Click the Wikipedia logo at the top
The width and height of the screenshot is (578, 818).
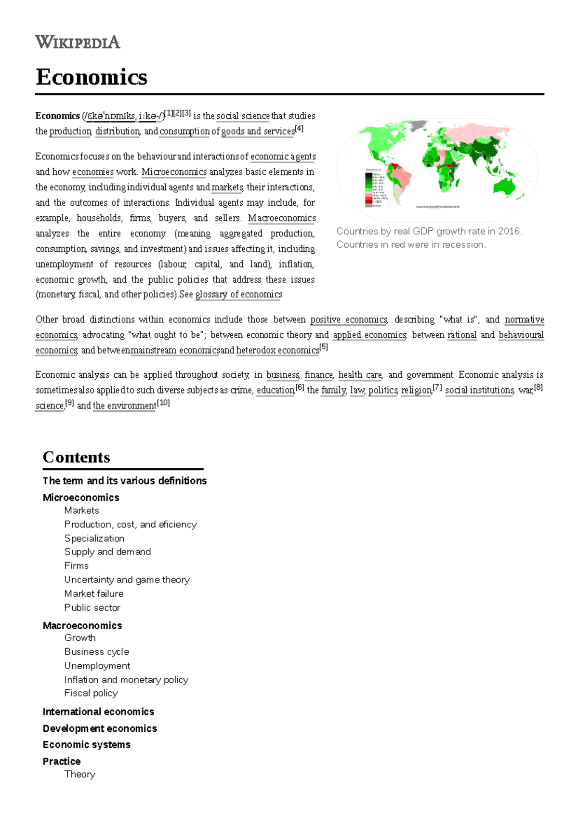pyautogui.click(x=78, y=42)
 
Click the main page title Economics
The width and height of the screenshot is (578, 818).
pyautogui.click(x=92, y=77)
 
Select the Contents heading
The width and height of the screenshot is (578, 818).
pyautogui.click(x=77, y=457)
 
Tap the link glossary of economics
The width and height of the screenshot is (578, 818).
pyautogui.click(x=238, y=294)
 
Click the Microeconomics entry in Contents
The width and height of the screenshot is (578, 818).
pyautogui.click(x=81, y=498)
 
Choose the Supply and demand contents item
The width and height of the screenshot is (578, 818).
pyautogui.click(x=107, y=552)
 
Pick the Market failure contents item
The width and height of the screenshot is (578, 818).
pyautogui.click(x=94, y=594)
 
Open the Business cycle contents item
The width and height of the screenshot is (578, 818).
pyautogui.click(x=97, y=652)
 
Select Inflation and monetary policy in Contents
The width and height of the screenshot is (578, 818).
pyautogui.click(x=126, y=680)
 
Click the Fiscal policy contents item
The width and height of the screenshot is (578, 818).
pyautogui.click(x=91, y=693)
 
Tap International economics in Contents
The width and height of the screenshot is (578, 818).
pyautogui.click(x=98, y=712)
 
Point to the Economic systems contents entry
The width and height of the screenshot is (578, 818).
pyautogui.click(x=86, y=745)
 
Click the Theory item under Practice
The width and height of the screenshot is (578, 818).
pyautogui.click(x=80, y=774)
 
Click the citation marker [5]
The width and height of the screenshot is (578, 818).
pyautogui.click(x=324, y=347)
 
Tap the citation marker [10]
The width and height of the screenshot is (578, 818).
pyautogui.click(x=164, y=403)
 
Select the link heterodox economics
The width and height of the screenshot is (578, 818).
pyautogui.click(x=277, y=351)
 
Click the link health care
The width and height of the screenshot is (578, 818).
pyautogui.click(x=360, y=375)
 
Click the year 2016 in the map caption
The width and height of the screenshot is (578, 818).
pyautogui.click(x=509, y=231)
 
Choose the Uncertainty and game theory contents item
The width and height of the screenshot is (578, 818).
pyautogui.click(x=127, y=580)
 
